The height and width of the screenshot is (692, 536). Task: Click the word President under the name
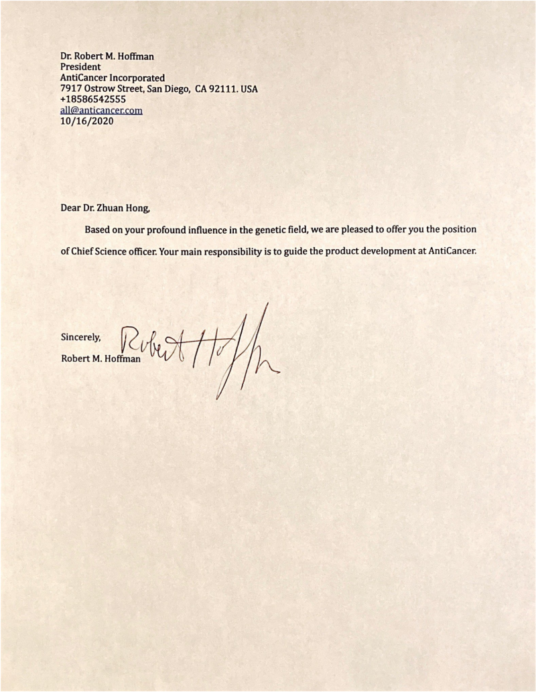[80, 67]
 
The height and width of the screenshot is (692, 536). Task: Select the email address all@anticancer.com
[101, 111]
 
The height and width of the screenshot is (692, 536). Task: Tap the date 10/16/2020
[86, 121]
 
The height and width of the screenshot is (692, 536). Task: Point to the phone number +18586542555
[92, 100]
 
